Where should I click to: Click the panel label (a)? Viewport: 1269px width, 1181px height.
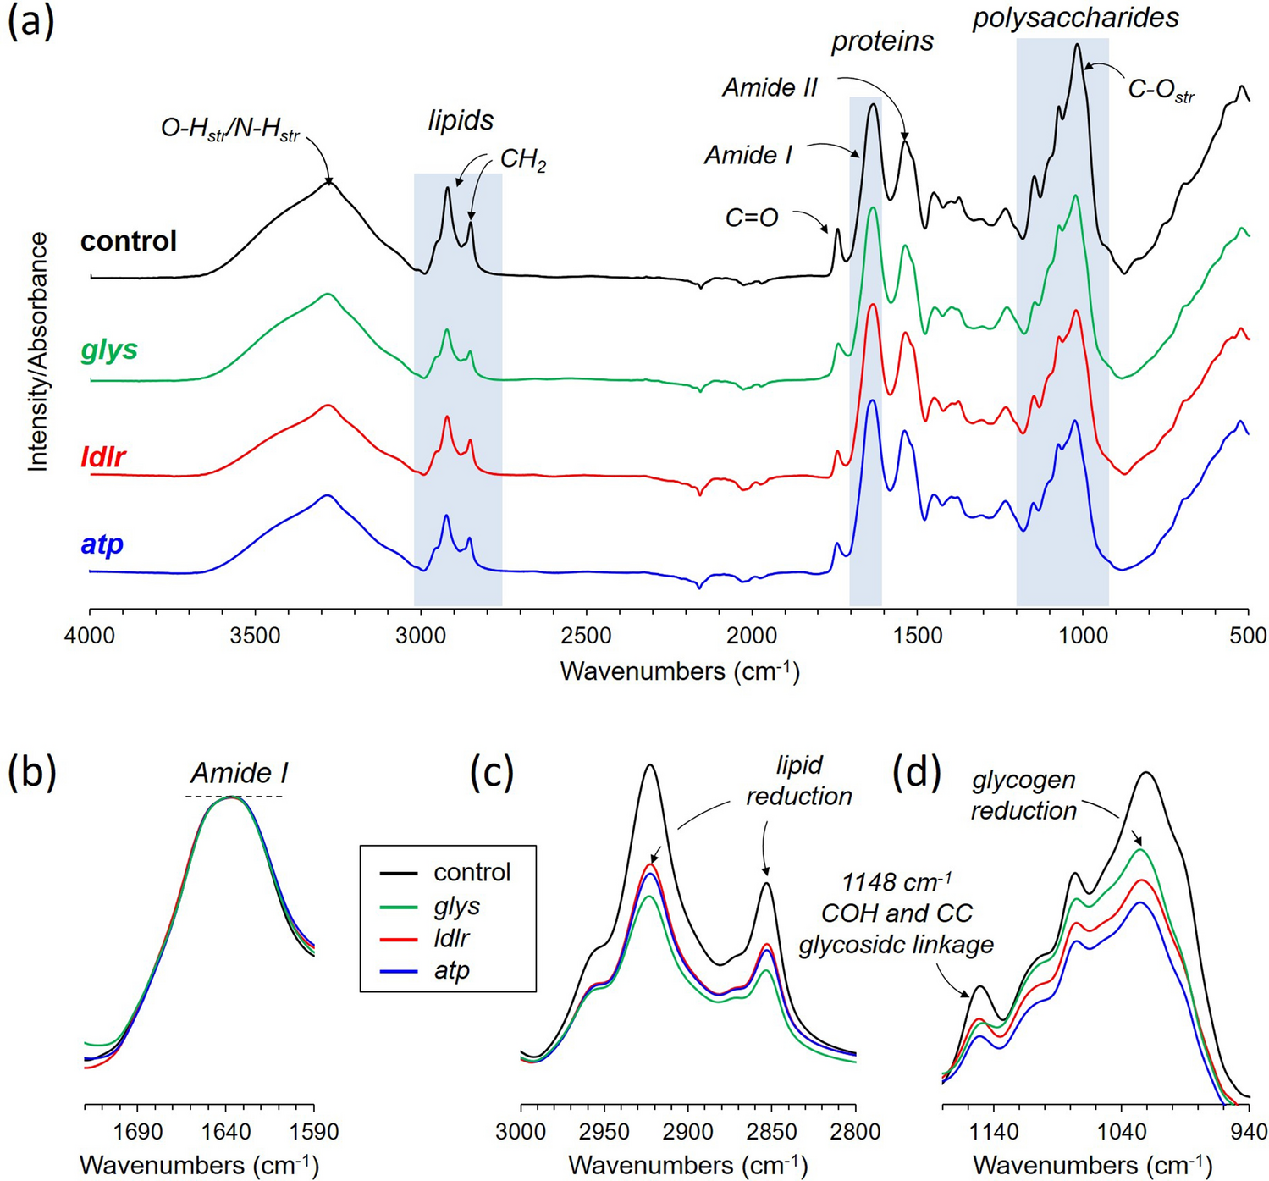(x=31, y=23)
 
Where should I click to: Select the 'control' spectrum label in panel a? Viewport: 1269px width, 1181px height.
(x=129, y=241)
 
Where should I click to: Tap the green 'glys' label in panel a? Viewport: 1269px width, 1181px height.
(x=109, y=350)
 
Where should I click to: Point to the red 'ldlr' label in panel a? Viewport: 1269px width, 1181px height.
(x=103, y=457)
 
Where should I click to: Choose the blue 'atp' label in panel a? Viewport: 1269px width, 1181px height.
(x=102, y=544)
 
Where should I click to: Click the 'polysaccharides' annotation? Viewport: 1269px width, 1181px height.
(x=1075, y=18)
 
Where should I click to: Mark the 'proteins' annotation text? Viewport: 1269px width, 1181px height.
(x=882, y=41)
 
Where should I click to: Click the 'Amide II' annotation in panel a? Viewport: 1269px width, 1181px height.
(x=770, y=87)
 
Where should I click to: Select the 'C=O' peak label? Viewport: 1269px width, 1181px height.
(x=752, y=218)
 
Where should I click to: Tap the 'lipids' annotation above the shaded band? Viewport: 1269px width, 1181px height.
(x=461, y=120)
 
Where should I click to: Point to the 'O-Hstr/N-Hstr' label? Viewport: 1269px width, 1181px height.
(x=230, y=130)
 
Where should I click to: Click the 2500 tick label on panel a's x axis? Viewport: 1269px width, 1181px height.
(x=586, y=636)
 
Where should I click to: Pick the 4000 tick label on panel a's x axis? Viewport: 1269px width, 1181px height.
(x=90, y=636)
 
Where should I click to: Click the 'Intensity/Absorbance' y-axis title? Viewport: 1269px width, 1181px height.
(x=38, y=352)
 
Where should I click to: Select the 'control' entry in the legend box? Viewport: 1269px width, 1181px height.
(x=472, y=872)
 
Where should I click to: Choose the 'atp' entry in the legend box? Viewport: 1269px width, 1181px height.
(x=451, y=970)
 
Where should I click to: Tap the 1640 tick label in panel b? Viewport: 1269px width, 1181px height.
(x=226, y=1132)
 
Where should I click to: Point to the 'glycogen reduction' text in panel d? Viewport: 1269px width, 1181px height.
(x=1023, y=795)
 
